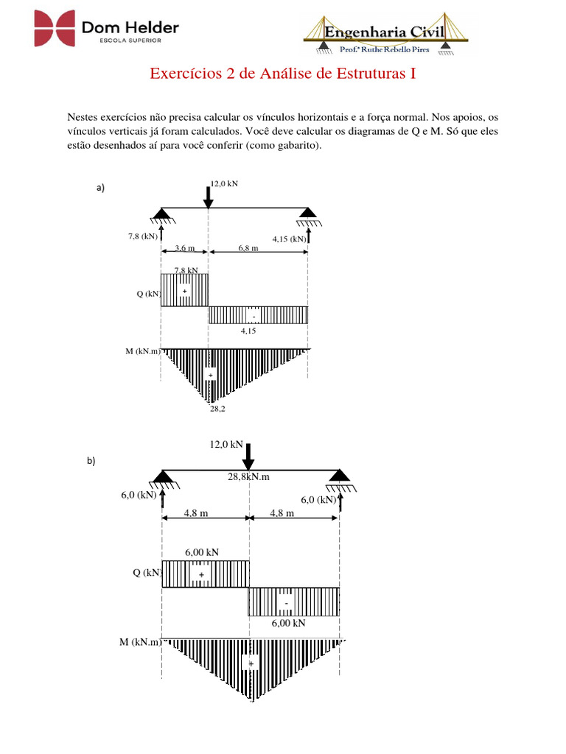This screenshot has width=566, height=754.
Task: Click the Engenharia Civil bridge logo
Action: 388,34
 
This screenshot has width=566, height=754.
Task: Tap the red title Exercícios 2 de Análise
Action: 284,74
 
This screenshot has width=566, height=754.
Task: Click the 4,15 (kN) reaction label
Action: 289,239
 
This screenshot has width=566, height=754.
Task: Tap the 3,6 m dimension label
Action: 186,249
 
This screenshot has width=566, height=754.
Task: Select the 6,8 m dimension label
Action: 248,249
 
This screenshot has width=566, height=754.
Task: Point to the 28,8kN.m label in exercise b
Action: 248,476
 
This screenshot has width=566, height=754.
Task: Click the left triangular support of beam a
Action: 161,215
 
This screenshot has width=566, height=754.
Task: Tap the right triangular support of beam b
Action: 340,476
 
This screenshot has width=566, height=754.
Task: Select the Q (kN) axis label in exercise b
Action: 147,573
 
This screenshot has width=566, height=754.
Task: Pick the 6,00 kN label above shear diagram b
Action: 201,552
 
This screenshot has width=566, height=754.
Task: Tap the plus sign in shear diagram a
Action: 184,292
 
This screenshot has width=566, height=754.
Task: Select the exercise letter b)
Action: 91,462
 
